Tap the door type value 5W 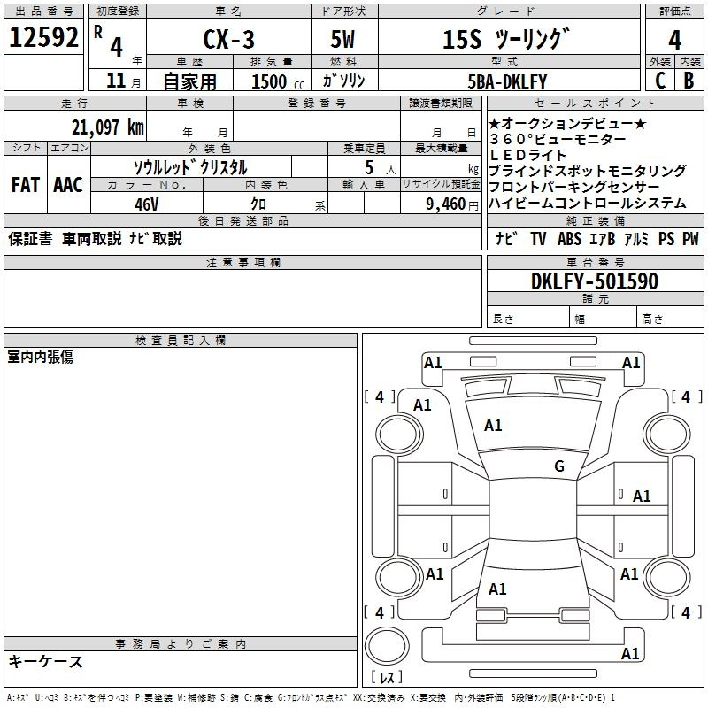point(344,40)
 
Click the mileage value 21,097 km point(107,127)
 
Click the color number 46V point(146,204)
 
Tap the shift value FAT point(26,185)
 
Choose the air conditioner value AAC point(68,185)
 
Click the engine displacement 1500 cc point(277,82)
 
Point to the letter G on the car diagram point(558,466)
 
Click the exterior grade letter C point(659,81)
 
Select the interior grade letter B point(689,81)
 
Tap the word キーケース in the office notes point(46,661)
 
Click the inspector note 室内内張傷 point(41,356)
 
